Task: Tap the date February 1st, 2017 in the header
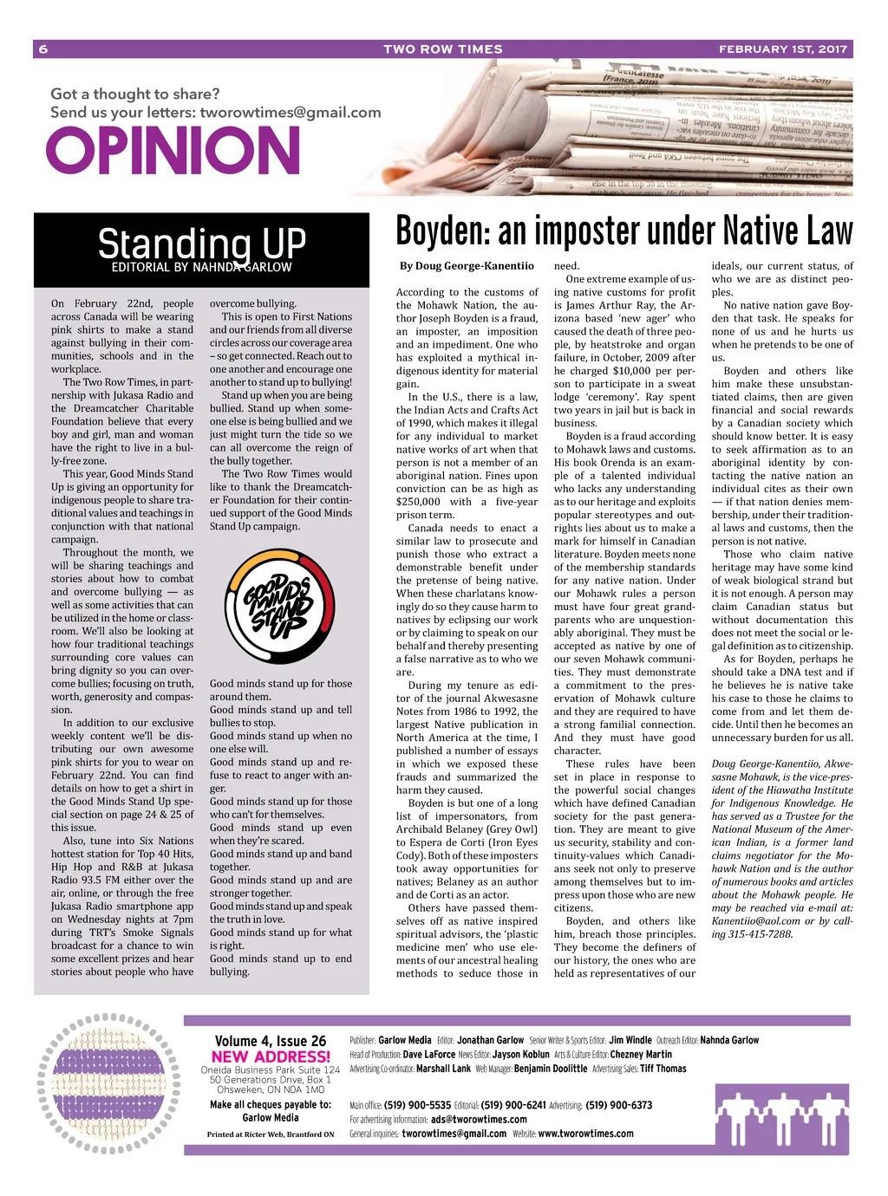[x=782, y=49]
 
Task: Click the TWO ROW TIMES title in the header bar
[x=442, y=49]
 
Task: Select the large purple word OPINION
[x=173, y=151]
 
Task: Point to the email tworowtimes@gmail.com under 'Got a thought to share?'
[x=291, y=113]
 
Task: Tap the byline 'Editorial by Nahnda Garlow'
[x=201, y=268]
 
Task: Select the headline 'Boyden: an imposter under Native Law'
[x=624, y=231]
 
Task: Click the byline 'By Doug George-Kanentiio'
[x=467, y=266]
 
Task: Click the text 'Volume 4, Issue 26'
[x=271, y=1041]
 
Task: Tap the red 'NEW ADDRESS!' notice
[x=271, y=1056]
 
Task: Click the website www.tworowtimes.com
[x=585, y=1133]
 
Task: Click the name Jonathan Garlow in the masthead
[x=490, y=1040]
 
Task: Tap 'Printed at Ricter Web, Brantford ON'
[x=271, y=1134]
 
